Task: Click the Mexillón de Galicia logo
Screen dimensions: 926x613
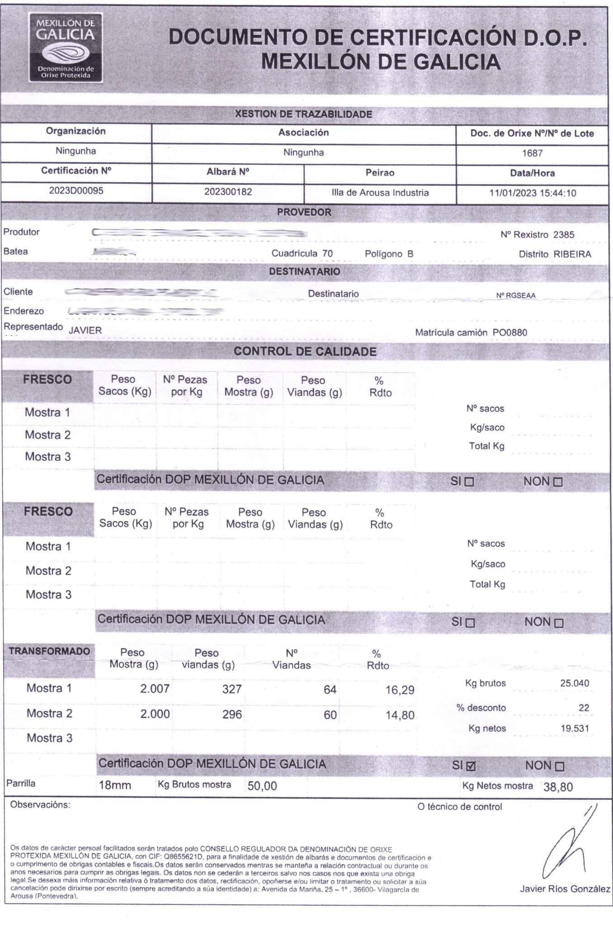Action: (x=66, y=47)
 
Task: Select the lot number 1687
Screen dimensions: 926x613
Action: (x=532, y=153)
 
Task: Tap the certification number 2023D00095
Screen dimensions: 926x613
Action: (x=76, y=191)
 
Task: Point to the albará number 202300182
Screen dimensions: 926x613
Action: (x=228, y=192)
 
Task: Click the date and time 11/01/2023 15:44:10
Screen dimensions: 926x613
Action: (x=533, y=193)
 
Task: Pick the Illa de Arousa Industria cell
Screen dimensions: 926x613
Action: (x=380, y=193)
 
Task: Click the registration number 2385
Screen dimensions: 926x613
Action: (x=564, y=235)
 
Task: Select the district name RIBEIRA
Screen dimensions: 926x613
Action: (x=572, y=254)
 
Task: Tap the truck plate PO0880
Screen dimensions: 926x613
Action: (x=510, y=333)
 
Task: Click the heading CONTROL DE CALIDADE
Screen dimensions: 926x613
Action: (x=305, y=351)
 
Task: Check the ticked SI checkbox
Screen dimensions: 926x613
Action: (x=471, y=766)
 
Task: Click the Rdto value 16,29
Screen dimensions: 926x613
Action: (x=400, y=690)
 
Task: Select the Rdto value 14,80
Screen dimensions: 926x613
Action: (x=400, y=715)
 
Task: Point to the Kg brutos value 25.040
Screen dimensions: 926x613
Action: (x=575, y=683)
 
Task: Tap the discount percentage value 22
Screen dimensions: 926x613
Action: (x=584, y=708)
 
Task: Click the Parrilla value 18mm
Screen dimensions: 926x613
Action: (x=115, y=785)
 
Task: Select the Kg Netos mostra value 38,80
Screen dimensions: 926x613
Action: (x=558, y=787)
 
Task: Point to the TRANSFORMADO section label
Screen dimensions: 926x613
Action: (x=49, y=652)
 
